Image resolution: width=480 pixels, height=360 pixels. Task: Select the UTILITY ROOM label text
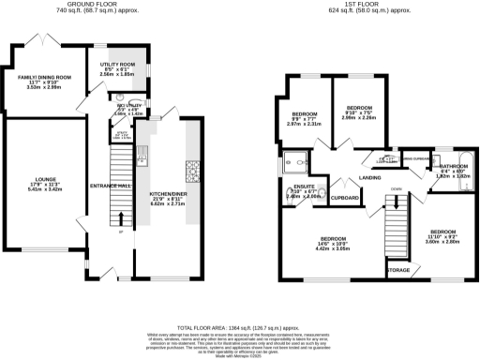(118, 64)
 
